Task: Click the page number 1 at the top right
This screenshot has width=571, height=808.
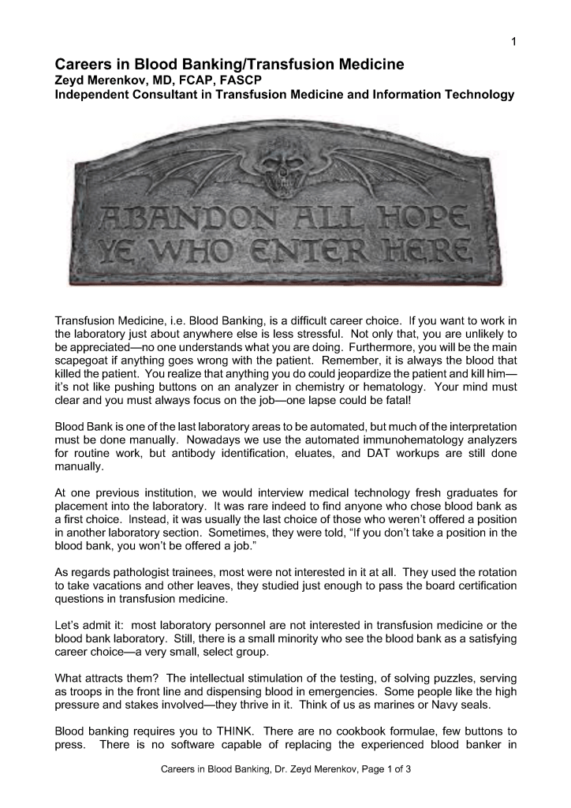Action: point(513,42)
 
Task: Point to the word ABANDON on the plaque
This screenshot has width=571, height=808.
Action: point(158,218)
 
